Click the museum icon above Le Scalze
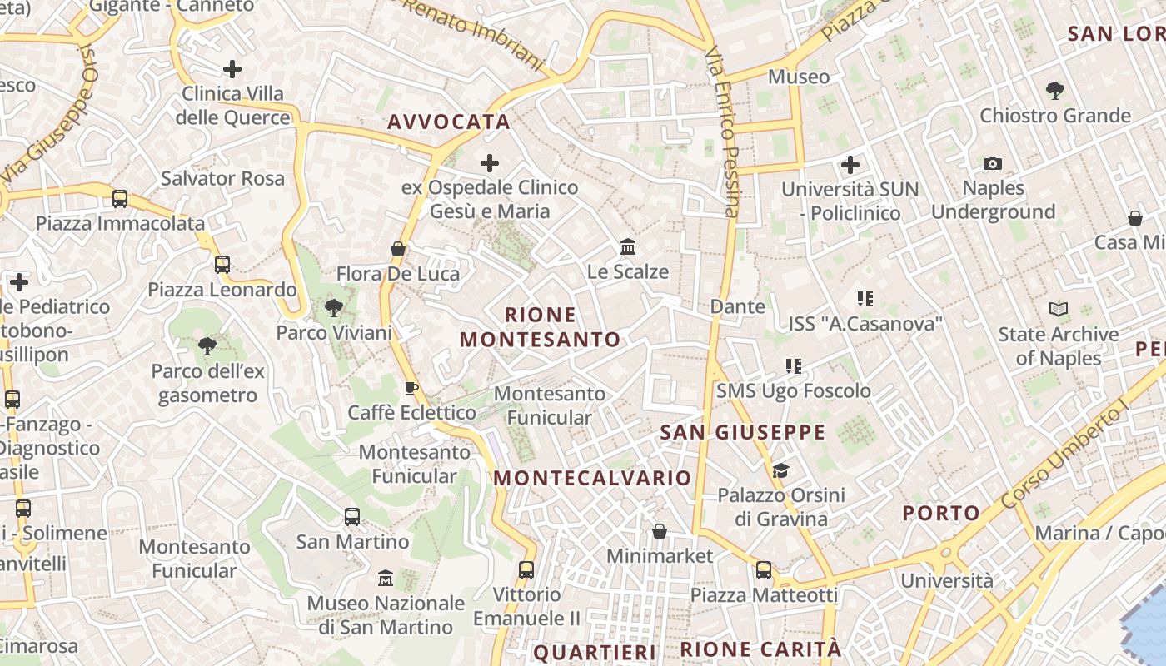point(628,247)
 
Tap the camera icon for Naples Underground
point(992,163)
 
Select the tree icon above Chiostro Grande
point(1054,90)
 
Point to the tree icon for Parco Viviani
point(334,308)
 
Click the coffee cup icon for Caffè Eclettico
point(411,388)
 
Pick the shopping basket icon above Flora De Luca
point(398,249)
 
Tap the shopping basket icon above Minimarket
point(660,531)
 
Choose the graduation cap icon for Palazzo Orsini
point(780,471)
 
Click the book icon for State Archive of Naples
point(1059,310)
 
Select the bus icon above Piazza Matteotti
point(764,570)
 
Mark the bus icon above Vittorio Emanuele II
point(526,570)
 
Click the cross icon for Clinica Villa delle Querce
point(232,69)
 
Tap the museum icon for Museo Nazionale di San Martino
point(386,578)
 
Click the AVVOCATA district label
point(449,122)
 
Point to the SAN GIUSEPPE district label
point(742,432)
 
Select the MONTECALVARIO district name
point(592,478)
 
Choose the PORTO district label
point(941,513)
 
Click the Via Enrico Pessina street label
point(722,131)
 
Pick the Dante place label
point(737,306)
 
